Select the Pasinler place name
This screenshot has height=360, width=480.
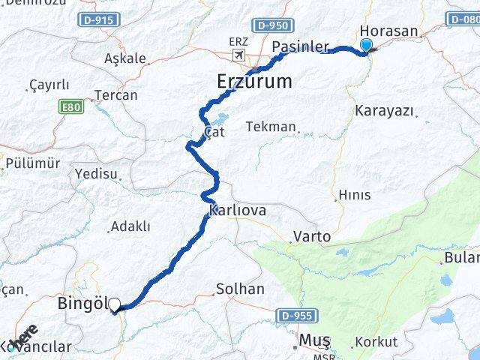[300, 46]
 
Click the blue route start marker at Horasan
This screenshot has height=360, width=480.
[366, 46]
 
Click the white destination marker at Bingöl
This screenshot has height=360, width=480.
[115, 304]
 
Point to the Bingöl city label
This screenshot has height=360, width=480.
[82, 304]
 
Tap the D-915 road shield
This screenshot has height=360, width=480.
[98, 20]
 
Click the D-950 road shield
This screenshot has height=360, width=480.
[271, 25]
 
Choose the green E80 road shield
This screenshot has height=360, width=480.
[70, 107]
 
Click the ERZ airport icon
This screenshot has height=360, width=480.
[238, 55]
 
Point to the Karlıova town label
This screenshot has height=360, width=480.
[238, 211]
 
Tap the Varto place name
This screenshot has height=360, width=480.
[312, 237]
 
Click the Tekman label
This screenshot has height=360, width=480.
[271, 127]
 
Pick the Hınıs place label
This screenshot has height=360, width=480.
[355, 195]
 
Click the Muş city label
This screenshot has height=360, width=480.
[314, 340]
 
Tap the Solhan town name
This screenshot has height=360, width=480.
[240, 289]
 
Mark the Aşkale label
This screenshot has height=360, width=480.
[125, 58]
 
